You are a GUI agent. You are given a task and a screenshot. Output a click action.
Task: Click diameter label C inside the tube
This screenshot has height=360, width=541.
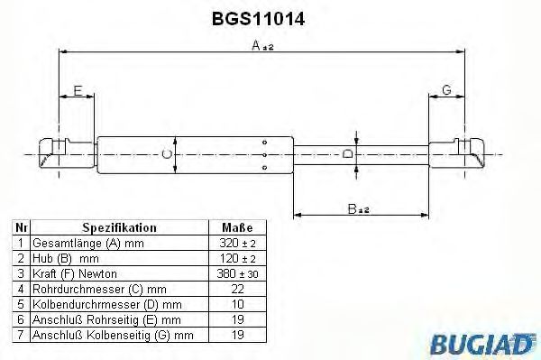pos(167,156)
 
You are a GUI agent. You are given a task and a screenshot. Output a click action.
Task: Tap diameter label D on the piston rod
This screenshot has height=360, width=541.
pos(347,156)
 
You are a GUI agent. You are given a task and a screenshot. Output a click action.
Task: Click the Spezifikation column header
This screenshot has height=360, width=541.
pos(120,228)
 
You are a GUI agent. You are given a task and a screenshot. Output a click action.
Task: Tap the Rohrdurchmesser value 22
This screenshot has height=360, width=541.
pos(237,288)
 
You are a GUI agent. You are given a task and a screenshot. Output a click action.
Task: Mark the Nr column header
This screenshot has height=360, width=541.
pos(22,228)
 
